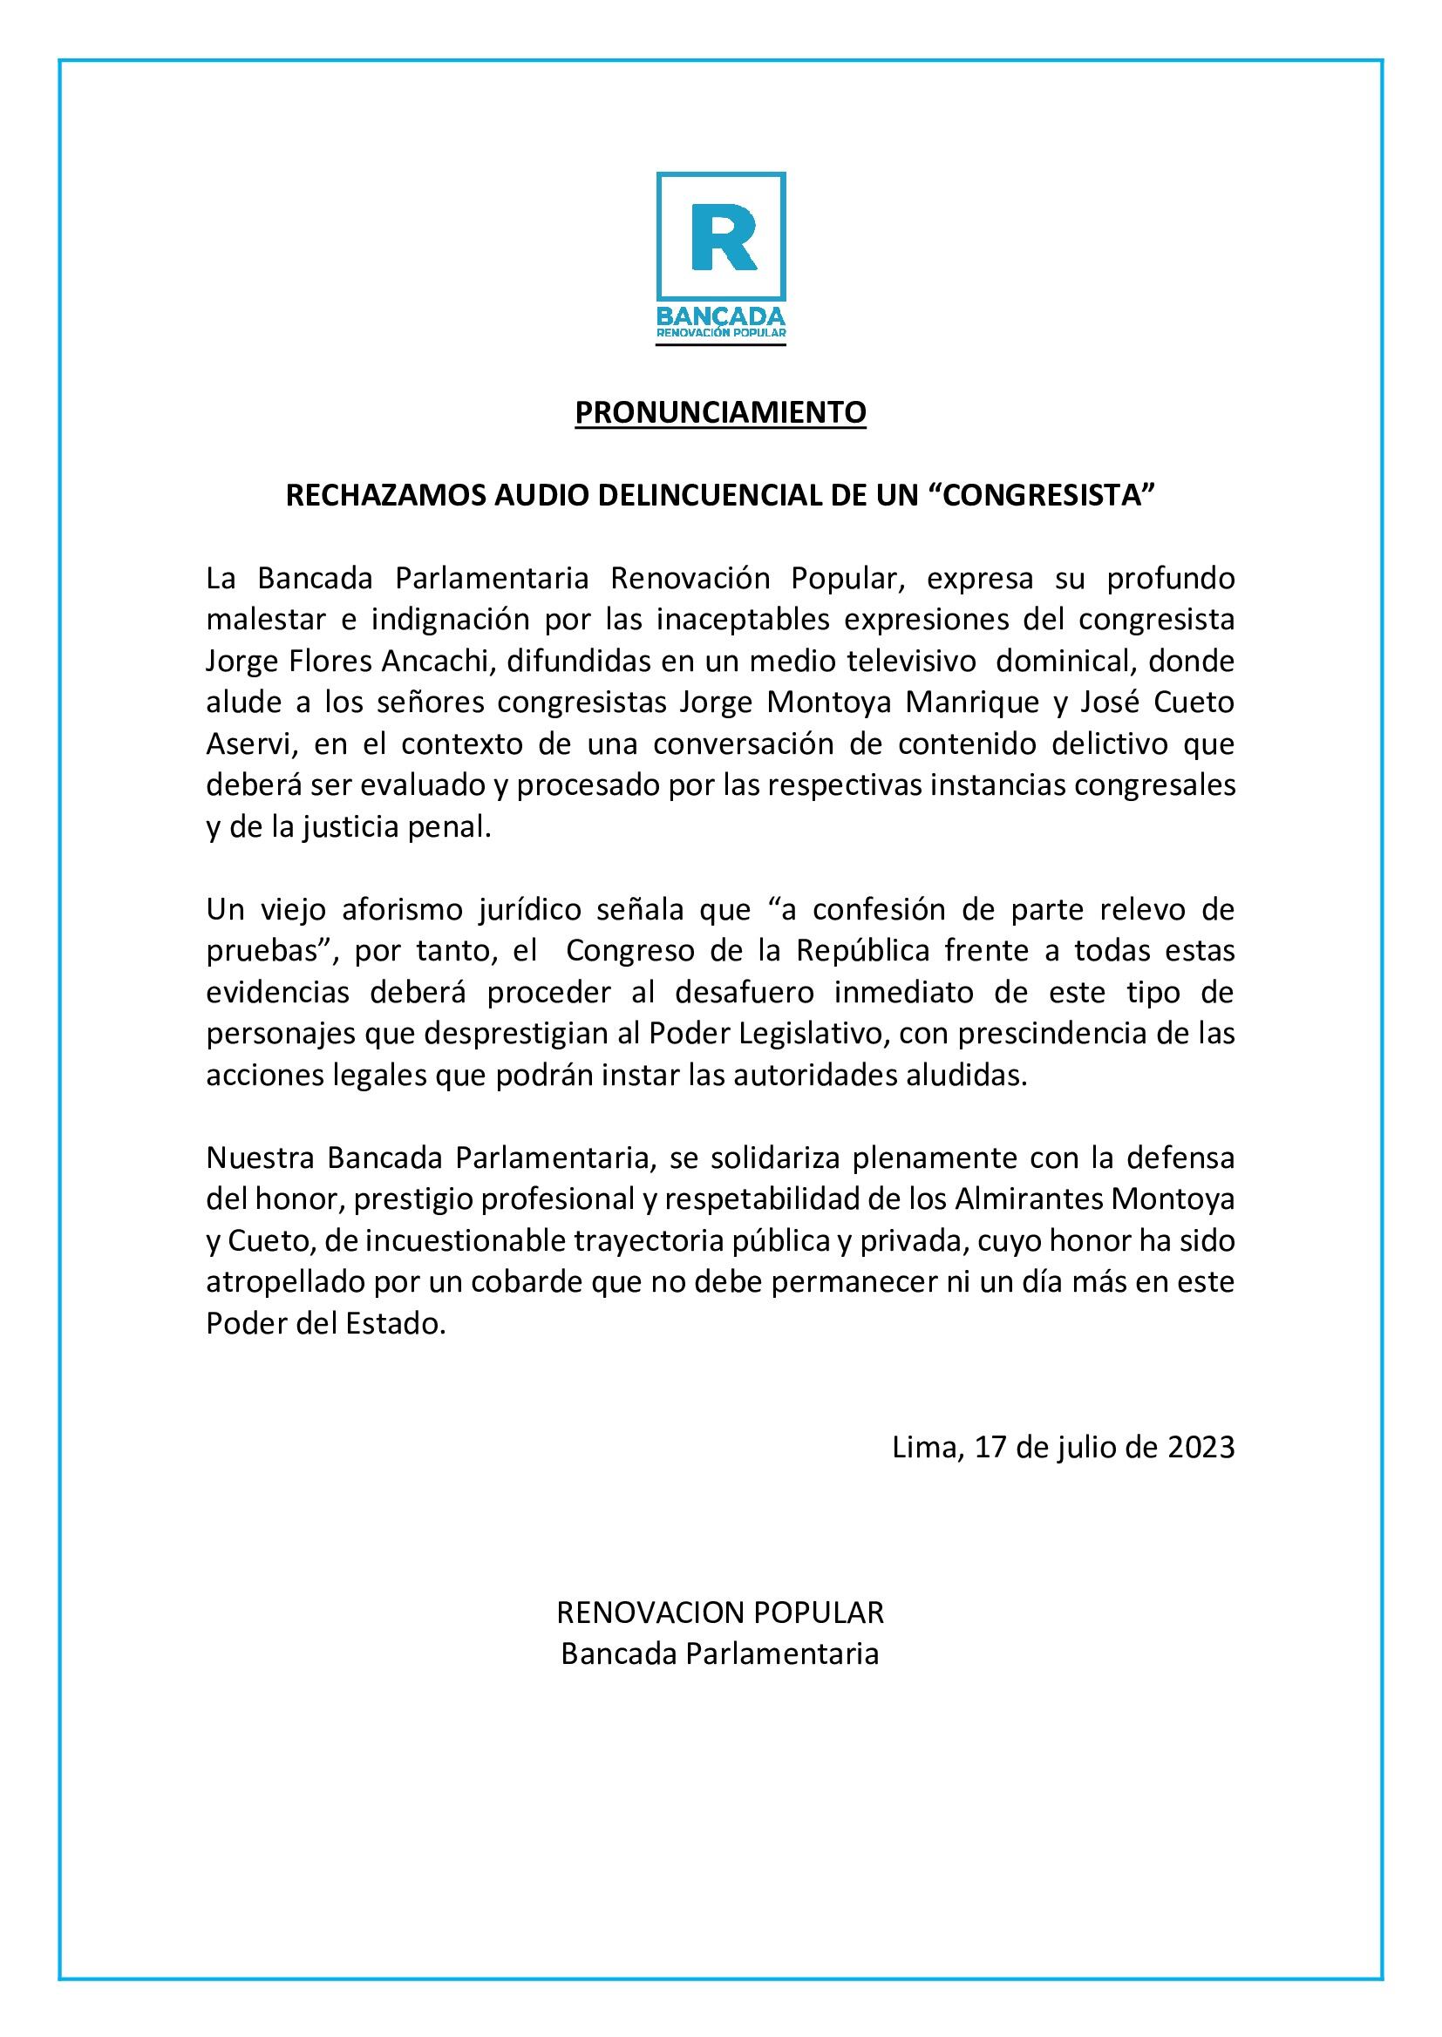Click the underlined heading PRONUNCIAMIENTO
pyautogui.click(x=720, y=413)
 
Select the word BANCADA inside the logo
pyautogui.click(x=720, y=316)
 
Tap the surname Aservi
pyautogui.click(x=248, y=744)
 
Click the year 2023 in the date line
pyautogui.click(x=1201, y=1448)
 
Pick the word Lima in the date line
pyautogui.click(x=923, y=1448)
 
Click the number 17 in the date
pyautogui.click(x=990, y=1448)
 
